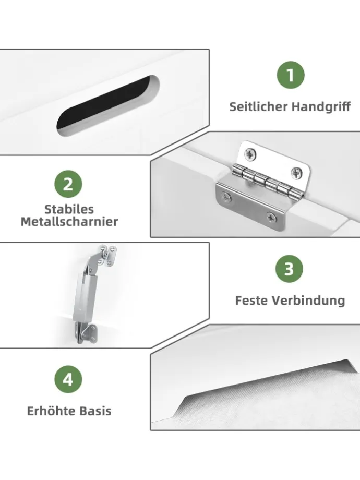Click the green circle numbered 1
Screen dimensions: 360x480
click(x=291, y=75)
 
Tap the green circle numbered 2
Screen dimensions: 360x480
click(x=68, y=184)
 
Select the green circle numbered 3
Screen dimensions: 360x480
click(x=289, y=269)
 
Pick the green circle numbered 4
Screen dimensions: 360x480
click(x=68, y=380)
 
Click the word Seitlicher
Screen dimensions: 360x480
click(x=258, y=107)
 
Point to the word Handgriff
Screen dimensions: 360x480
click(x=321, y=107)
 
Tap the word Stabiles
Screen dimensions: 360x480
click(x=69, y=209)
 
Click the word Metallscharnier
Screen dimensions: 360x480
click(x=69, y=222)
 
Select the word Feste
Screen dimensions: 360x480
click(x=251, y=301)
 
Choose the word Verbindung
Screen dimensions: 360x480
click(x=308, y=301)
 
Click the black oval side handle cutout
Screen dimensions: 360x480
click(x=108, y=105)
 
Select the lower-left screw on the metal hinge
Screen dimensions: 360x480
click(x=227, y=198)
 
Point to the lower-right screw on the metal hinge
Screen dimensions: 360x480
click(x=271, y=218)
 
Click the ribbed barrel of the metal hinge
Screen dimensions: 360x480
click(x=268, y=183)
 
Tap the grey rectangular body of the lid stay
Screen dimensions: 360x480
click(x=86, y=297)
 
